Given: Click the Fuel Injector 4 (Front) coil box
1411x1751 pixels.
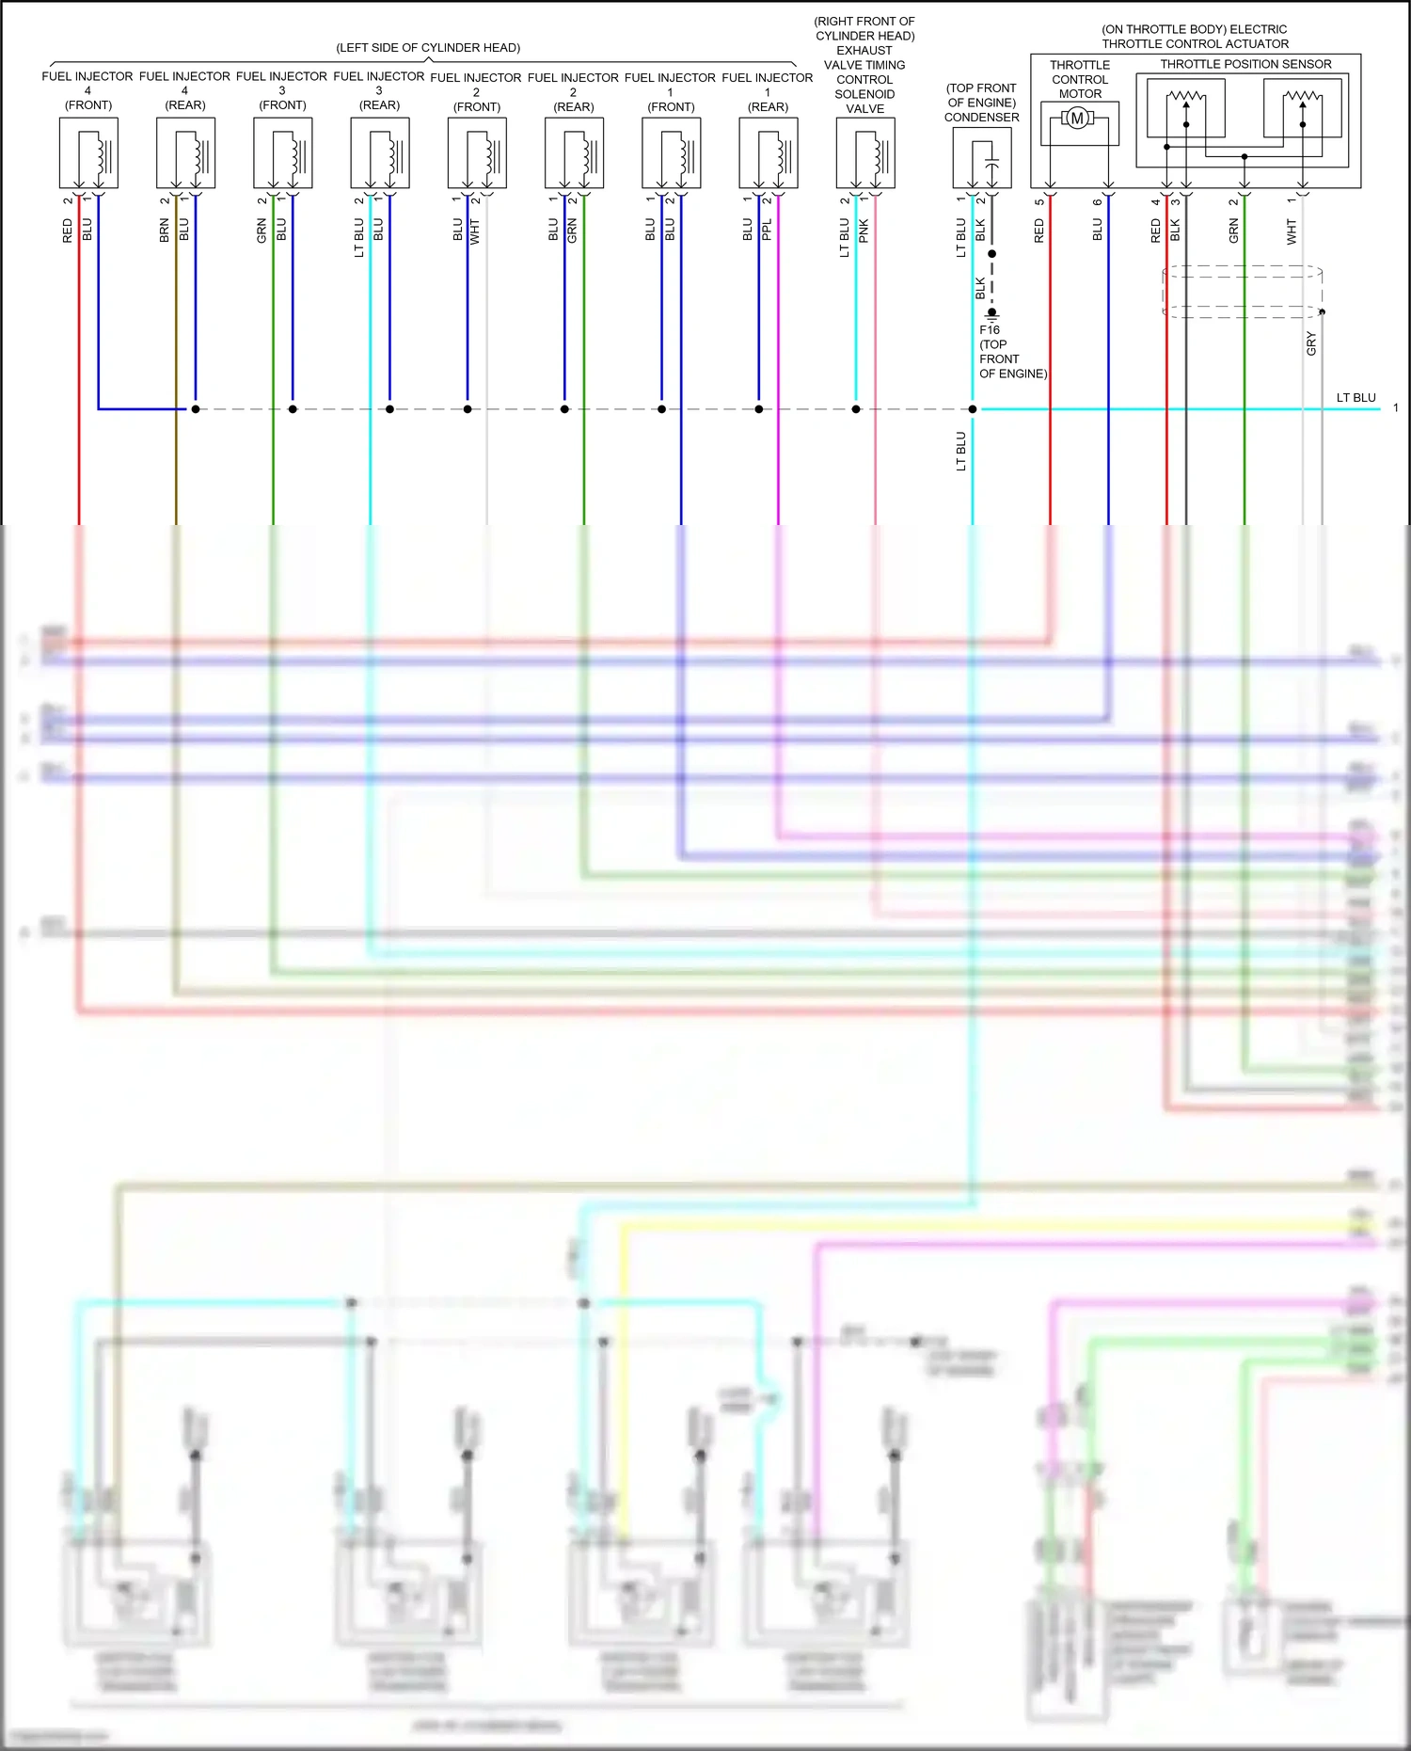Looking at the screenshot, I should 88,153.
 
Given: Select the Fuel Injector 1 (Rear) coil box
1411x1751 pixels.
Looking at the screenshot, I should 769,153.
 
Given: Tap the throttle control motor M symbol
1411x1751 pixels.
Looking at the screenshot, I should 1078,119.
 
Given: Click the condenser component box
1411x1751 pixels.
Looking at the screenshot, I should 982,157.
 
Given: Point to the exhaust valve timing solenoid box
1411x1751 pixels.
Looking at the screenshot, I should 865,153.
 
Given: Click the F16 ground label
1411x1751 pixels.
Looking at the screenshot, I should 990,330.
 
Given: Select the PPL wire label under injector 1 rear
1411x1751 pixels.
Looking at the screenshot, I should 767,230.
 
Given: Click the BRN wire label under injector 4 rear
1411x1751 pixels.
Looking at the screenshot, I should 165,231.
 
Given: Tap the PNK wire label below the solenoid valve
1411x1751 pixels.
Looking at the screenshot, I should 864,231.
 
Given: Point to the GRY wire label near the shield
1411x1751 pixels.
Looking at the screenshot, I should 1310,343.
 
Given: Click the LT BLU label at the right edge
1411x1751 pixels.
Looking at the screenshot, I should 1356,398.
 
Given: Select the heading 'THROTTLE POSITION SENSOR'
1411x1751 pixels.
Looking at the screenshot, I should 1245,64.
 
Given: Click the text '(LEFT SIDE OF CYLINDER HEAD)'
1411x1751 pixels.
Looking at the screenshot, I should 428,48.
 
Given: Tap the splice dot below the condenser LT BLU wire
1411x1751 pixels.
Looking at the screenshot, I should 973,409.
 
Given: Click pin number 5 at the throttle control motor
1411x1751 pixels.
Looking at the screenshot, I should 1039,201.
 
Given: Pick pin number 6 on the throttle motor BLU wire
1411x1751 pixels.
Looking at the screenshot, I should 1098,201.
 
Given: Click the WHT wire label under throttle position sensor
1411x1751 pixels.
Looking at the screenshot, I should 1292,231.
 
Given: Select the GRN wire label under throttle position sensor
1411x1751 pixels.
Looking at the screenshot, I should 1233,231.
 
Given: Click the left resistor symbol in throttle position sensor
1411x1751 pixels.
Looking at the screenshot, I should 1185,96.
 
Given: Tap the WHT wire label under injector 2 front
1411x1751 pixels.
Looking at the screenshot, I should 475,231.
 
